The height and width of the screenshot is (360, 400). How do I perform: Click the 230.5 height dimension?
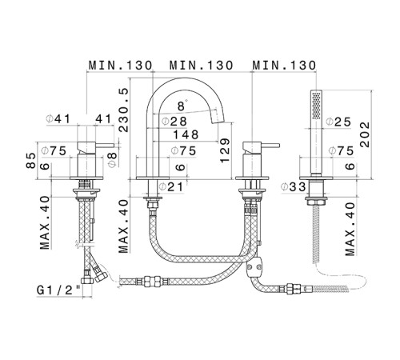[123, 110]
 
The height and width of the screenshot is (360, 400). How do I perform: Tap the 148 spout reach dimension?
[186, 134]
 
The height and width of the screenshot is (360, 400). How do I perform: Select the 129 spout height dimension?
[225, 150]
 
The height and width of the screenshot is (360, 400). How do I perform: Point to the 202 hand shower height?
[365, 134]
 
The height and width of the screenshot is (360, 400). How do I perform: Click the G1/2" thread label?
[58, 290]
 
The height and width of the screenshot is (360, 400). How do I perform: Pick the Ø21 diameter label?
[171, 186]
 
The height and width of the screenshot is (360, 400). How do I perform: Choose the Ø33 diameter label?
[293, 187]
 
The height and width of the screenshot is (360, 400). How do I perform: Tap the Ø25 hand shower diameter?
[338, 122]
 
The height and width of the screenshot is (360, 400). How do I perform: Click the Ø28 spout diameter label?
[174, 122]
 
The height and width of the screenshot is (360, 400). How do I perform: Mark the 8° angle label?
[182, 106]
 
